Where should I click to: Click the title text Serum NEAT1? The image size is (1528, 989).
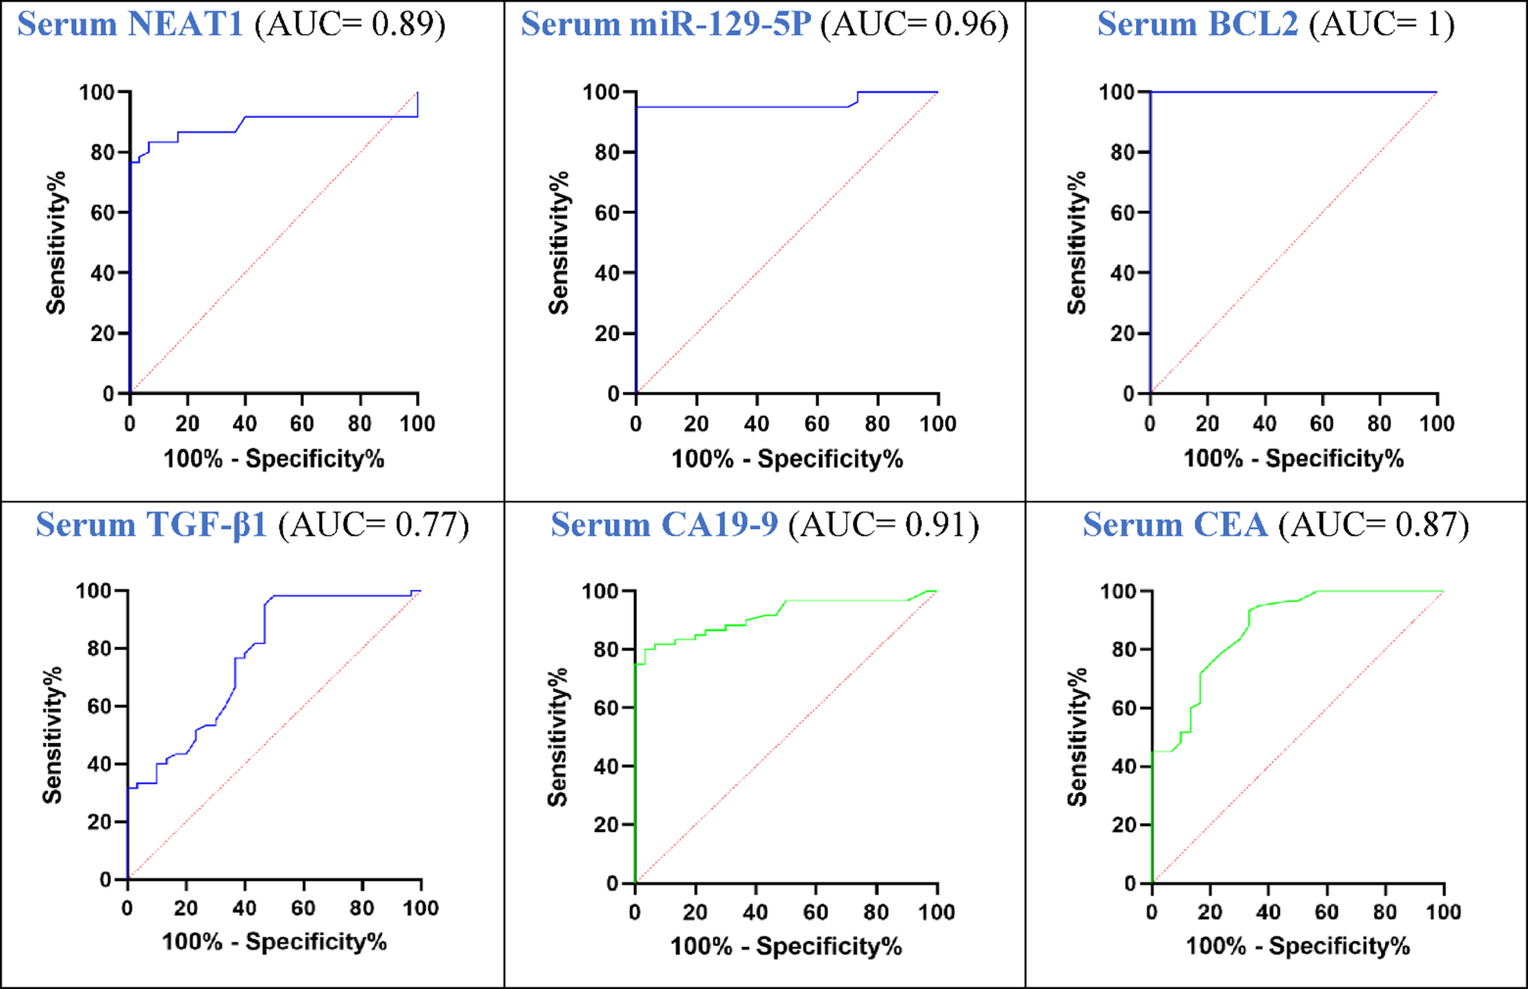point(130,24)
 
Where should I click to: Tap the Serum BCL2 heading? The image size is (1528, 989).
point(1198,24)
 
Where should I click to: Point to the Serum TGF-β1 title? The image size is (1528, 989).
point(151,525)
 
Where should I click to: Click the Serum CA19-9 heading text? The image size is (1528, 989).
point(664,525)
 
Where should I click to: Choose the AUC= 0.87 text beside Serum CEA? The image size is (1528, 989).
point(1374,525)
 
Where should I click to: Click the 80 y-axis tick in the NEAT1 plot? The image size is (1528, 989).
point(102,152)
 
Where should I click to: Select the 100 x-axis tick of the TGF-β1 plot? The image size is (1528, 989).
point(421,908)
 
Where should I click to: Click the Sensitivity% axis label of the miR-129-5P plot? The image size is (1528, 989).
point(559,243)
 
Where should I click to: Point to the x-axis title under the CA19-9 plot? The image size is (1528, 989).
point(785,946)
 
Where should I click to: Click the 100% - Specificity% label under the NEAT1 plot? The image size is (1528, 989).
point(274,459)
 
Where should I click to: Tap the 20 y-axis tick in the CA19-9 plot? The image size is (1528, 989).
point(606,825)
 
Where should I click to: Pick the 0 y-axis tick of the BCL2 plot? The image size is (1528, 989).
point(1129,394)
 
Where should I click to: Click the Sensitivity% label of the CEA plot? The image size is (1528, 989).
point(1078,736)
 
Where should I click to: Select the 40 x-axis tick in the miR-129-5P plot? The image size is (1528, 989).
point(756,424)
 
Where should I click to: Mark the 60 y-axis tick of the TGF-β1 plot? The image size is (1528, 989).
point(99,707)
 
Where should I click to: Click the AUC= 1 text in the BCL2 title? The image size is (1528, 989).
point(1381,24)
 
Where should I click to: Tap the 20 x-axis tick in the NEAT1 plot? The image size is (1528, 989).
point(187,424)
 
